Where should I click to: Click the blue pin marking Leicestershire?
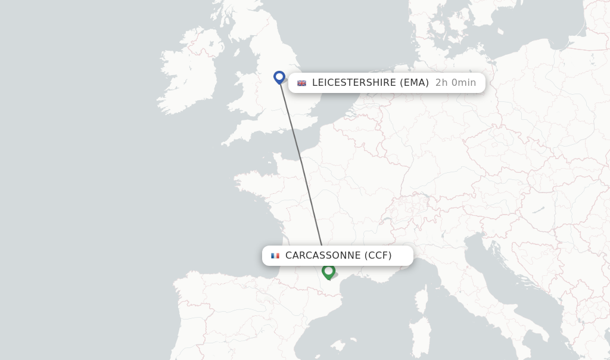(x=279, y=77)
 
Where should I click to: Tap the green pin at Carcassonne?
(x=328, y=271)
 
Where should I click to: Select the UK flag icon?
(x=302, y=83)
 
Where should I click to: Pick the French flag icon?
(x=275, y=256)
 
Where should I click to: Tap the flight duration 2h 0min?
(x=456, y=83)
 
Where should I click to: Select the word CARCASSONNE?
(x=323, y=256)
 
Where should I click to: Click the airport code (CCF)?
(x=378, y=256)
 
